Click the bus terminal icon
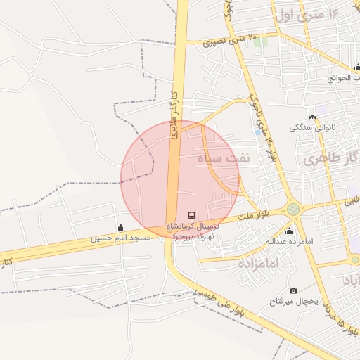[191, 215]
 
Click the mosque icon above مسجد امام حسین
[120, 228]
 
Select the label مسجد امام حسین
[120, 239]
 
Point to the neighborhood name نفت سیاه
[223, 158]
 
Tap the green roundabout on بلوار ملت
[292, 209]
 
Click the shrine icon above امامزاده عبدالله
[289, 231]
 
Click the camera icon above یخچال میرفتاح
[293, 290]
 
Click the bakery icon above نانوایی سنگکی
[312, 117]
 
